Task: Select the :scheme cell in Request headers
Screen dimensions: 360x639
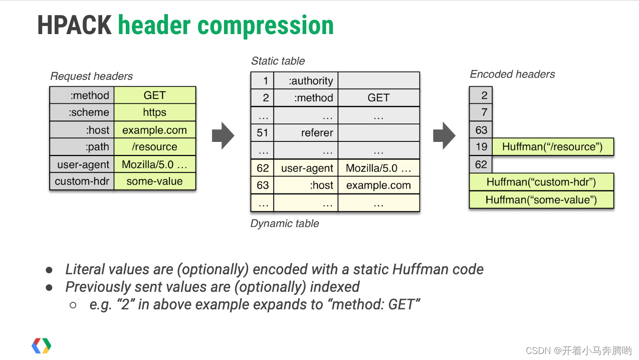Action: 82,113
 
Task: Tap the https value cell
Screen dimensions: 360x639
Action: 154,113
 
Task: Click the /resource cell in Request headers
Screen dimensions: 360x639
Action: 154,147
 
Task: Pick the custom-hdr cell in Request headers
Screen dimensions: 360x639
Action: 82,182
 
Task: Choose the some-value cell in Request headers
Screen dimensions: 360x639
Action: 154,182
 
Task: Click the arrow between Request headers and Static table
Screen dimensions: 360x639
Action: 223,135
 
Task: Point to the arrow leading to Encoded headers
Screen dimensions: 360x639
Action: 444,135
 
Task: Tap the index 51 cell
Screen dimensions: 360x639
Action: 263,133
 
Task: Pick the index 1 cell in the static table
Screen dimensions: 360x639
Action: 263,81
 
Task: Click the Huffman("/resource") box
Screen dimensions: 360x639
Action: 553,147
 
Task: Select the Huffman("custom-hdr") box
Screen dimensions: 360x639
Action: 541,182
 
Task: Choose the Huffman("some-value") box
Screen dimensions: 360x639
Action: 541,200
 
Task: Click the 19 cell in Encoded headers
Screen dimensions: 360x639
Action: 481,147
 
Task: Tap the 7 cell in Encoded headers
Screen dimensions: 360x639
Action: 481,112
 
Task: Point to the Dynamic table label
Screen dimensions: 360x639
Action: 285,224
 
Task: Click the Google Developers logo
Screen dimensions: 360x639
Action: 42,346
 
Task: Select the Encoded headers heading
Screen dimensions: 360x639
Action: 512,74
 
